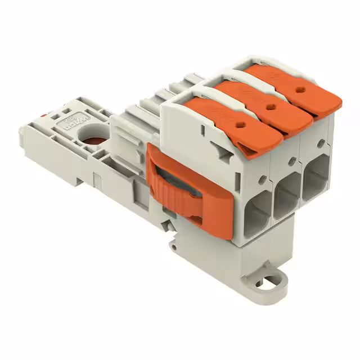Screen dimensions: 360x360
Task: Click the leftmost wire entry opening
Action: (256, 211)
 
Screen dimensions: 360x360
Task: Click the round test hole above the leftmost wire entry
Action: (263, 179)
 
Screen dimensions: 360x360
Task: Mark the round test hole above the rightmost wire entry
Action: (321, 144)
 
